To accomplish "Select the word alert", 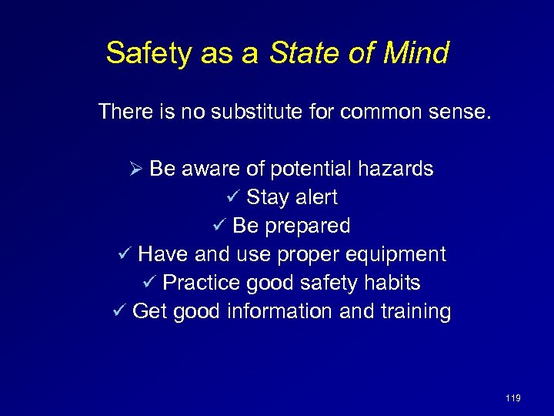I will click(x=314, y=197).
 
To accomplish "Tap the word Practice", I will click(x=202, y=283).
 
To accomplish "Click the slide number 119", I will click(x=513, y=398).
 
